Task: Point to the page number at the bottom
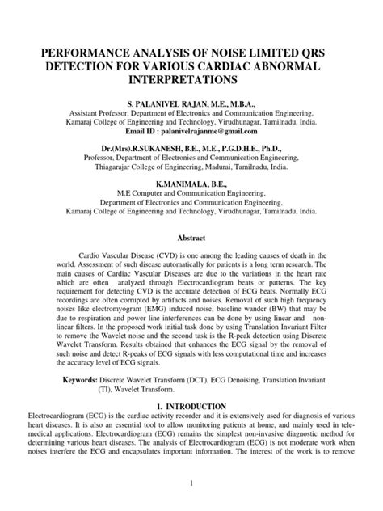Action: [x=191, y=484]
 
